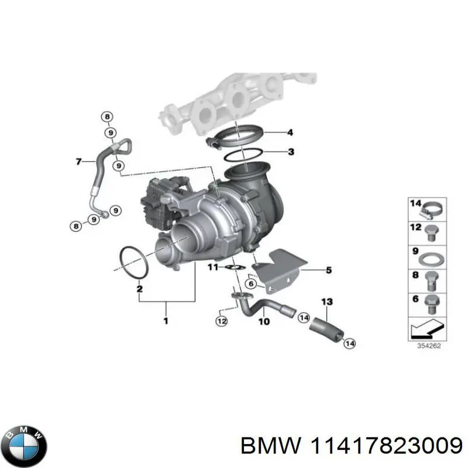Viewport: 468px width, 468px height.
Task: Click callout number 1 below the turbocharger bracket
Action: point(166,321)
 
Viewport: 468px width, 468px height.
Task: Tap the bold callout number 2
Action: point(139,288)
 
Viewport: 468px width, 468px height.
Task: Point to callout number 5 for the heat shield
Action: point(328,270)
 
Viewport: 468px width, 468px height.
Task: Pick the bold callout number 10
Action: point(264,322)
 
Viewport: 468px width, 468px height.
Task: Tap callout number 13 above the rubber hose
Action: point(326,302)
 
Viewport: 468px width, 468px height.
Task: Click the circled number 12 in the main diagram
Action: point(221,321)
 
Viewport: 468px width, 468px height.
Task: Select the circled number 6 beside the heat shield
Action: point(250,284)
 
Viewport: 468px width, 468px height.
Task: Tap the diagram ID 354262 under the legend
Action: point(429,345)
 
